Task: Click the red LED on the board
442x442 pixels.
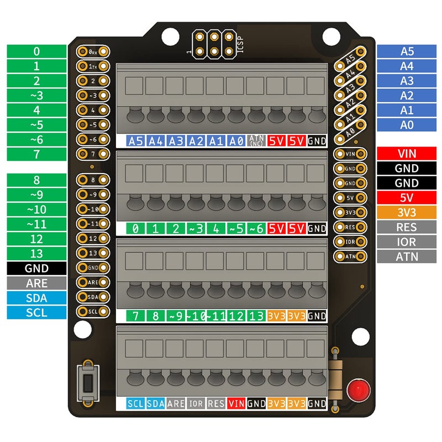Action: point(358,390)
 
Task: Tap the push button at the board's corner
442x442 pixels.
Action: point(86,383)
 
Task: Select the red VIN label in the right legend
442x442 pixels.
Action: point(406,154)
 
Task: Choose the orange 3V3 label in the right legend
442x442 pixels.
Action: point(406,213)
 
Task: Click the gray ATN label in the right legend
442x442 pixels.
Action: point(406,256)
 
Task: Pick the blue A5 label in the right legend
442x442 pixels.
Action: point(406,51)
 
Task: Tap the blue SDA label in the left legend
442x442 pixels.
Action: point(36,298)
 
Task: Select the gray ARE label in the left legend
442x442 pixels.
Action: point(36,283)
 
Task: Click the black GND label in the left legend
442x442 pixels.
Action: point(36,269)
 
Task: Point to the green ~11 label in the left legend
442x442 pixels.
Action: point(36,224)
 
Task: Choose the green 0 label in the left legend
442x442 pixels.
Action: point(36,51)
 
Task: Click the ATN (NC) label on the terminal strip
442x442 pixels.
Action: point(256,140)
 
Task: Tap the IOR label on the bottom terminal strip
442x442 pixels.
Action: point(196,404)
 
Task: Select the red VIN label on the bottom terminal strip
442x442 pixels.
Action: point(236,404)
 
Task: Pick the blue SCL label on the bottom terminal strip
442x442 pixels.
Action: point(135,404)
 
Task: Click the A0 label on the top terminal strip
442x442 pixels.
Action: point(236,141)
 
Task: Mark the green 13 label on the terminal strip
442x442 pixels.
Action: point(256,316)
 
